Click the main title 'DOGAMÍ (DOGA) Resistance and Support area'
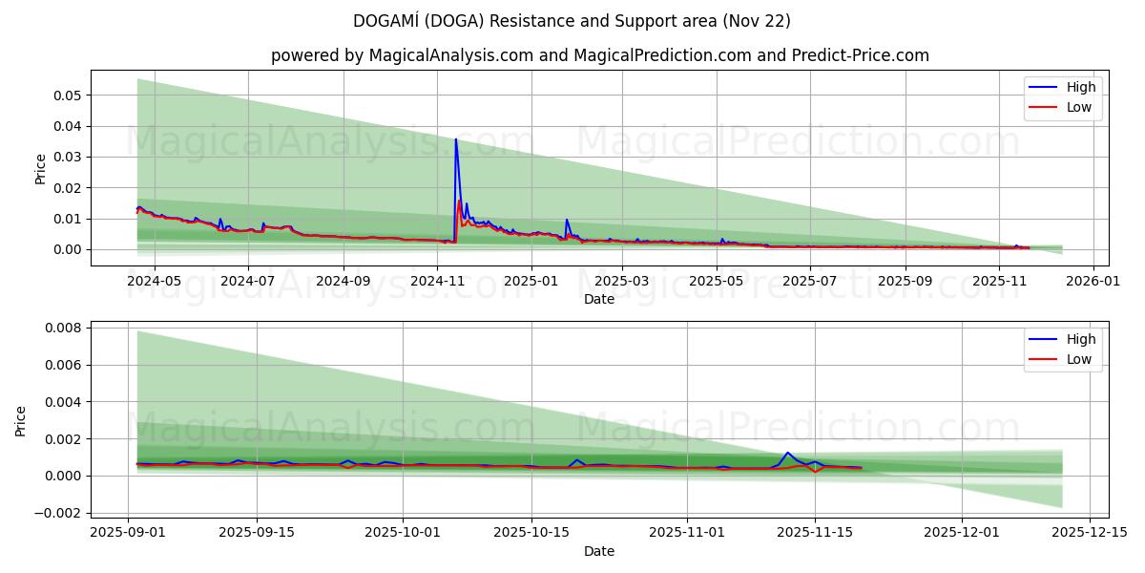[572, 21]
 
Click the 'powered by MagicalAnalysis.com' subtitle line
[599, 55]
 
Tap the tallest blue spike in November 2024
[455, 140]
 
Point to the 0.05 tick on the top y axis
[69, 95]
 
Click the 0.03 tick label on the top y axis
[69, 157]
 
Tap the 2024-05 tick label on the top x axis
[154, 282]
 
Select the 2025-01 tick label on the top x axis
[530, 282]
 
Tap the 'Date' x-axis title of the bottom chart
[599, 551]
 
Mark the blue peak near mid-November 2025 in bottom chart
[787, 453]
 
